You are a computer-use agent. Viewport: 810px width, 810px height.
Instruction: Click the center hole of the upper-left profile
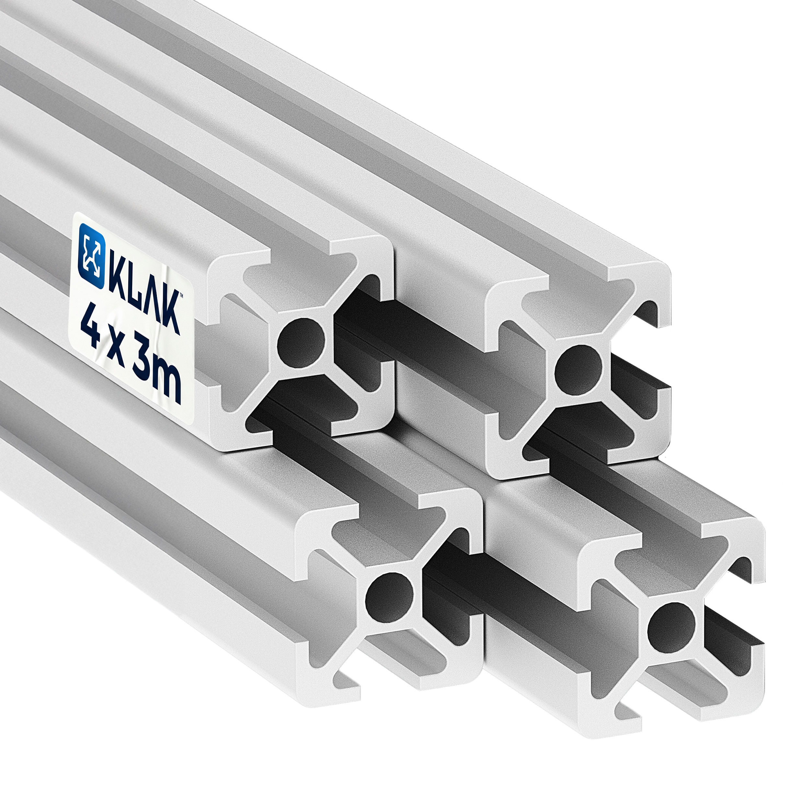(301, 343)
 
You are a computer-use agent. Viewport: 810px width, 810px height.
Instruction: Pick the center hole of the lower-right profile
(671, 627)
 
